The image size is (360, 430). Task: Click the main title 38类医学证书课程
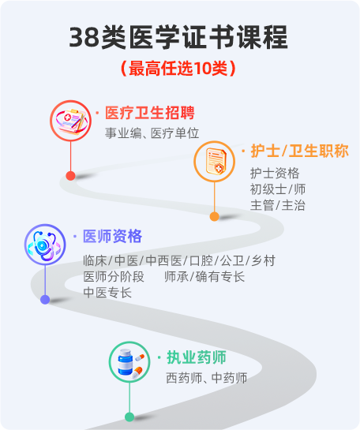click(x=178, y=37)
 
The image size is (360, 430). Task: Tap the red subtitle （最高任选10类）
click(x=178, y=68)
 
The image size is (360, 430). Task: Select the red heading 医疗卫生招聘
click(x=150, y=113)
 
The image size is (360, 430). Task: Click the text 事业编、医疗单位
click(x=152, y=133)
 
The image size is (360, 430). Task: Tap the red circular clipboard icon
click(x=70, y=121)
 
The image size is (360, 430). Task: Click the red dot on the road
click(x=70, y=176)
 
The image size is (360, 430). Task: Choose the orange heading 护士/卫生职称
click(x=300, y=151)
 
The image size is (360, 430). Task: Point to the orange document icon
click(x=214, y=162)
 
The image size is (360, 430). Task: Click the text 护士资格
click(x=275, y=174)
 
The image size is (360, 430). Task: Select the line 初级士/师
click(x=278, y=189)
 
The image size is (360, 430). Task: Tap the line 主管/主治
click(x=278, y=205)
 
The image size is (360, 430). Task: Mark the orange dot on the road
click(x=214, y=216)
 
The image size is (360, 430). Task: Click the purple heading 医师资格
click(x=112, y=236)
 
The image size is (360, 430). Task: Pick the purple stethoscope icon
click(x=45, y=245)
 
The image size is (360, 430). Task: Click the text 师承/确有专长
click(x=204, y=277)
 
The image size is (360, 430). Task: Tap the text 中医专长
click(x=107, y=293)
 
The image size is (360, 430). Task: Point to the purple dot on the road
click(x=45, y=300)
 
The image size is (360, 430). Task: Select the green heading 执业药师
click(x=197, y=357)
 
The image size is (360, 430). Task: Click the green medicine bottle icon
click(x=129, y=362)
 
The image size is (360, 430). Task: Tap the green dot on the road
click(x=129, y=417)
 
